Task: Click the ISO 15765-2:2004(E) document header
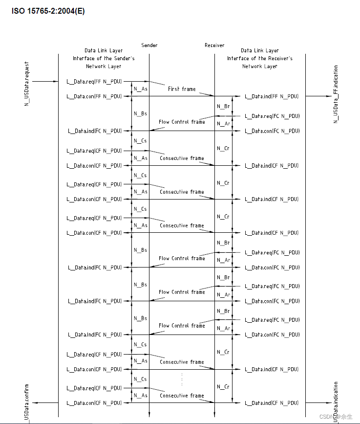48,11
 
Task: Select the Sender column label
149,45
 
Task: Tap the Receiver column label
214,45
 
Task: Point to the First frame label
182,89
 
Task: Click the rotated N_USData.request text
27,84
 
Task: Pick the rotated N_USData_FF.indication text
336,94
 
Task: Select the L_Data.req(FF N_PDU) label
94,81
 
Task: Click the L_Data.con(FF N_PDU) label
94,96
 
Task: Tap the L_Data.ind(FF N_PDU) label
272,96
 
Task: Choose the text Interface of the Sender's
104,58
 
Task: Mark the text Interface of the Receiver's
260,58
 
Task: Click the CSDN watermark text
336,417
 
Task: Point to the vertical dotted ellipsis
182,379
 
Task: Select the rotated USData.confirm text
27,402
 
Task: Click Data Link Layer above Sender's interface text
104,50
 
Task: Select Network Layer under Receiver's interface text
260,66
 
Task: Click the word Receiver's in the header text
281,58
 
